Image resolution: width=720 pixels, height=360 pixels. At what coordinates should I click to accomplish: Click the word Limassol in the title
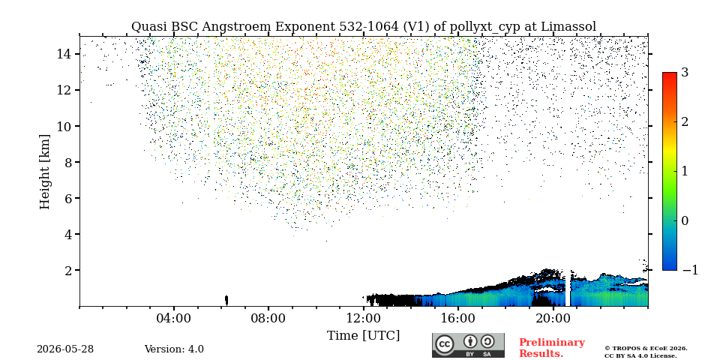(568, 27)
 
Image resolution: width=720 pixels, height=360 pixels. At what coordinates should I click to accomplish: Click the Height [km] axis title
(44, 172)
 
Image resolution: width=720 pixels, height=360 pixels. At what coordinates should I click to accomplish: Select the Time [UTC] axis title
(363, 336)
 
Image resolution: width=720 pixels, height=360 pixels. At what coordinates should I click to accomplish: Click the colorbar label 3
(685, 72)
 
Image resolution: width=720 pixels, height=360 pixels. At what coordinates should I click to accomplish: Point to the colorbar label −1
(690, 270)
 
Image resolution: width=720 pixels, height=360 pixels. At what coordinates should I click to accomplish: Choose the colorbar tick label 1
(685, 171)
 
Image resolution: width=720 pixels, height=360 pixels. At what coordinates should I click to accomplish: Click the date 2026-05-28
(65, 349)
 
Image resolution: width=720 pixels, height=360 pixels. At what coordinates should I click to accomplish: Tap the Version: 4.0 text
(174, 349)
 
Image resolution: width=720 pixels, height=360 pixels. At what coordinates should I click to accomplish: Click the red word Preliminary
(552, 343)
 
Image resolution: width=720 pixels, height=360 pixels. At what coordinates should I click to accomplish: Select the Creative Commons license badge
(468, 345)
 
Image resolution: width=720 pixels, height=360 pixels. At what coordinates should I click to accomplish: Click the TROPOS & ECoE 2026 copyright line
(646, 349)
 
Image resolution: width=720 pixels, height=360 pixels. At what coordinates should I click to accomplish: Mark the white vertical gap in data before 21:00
(568, 288)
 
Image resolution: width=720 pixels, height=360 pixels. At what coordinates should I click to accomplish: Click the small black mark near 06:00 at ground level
(226, 300)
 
